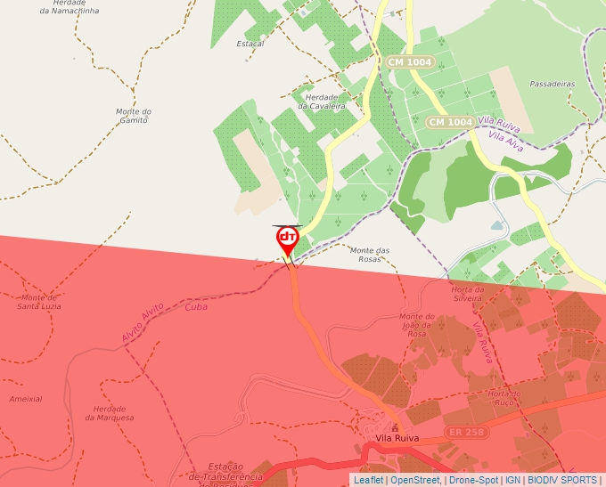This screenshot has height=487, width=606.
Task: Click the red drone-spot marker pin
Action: coord(287,239)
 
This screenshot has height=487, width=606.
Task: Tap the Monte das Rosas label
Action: coord(370,255)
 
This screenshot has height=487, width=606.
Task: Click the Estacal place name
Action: coord(250,44)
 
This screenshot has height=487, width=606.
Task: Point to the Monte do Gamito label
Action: coord(133,116)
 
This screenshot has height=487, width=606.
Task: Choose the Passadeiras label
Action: coord(552,84)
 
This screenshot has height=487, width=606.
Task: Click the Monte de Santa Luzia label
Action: coord(40,302)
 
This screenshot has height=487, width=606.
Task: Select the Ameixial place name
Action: coord(26,399)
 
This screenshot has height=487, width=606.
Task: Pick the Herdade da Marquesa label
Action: coord(109,413)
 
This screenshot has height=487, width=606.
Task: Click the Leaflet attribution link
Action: coord(368,480)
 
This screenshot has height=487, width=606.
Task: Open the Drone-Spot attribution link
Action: coord(474,480)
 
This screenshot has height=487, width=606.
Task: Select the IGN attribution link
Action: coord(513,480)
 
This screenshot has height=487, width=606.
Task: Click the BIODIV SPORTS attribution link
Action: coord(562,480)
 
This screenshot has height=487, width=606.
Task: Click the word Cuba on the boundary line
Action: coord(196,306)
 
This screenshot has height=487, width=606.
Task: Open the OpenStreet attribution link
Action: coord(415,480)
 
